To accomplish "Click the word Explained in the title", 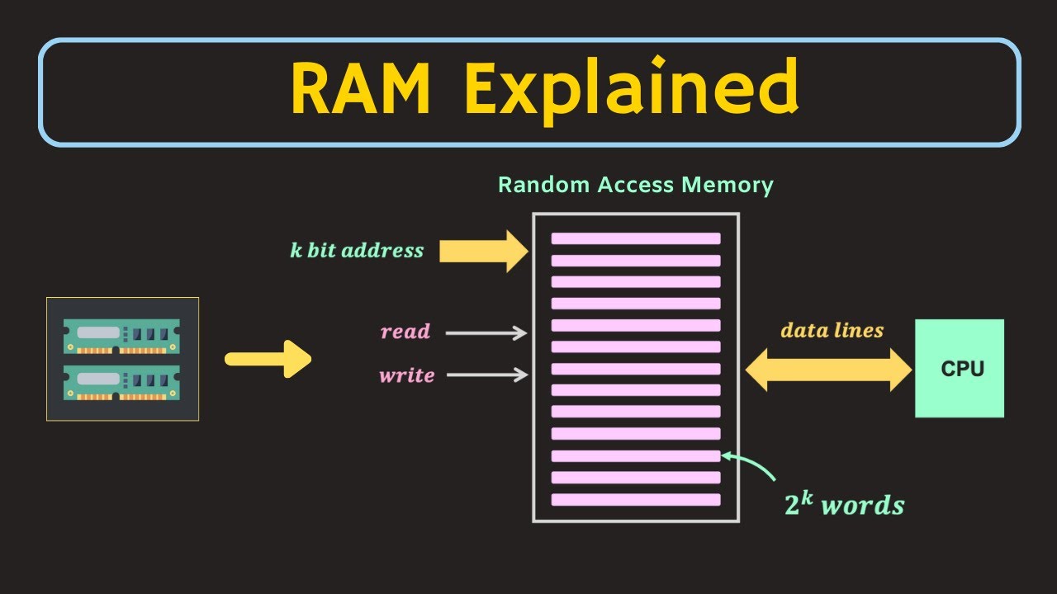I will click(631, 90).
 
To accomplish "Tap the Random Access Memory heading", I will click(635, 185).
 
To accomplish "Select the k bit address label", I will click(357, 251).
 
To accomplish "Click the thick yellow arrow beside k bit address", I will click(483, 251).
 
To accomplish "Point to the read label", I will click(405, 332).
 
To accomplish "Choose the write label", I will click(406, 375).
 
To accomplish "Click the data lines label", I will click(832, 331).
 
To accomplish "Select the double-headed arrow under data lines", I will click(828, 370).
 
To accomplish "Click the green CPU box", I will click(960, 368).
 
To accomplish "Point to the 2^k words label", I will click(843, 504).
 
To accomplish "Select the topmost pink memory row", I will click(636, 238).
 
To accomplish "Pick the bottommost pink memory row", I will click(636, 499).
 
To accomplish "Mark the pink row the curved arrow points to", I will click(636, 455).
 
